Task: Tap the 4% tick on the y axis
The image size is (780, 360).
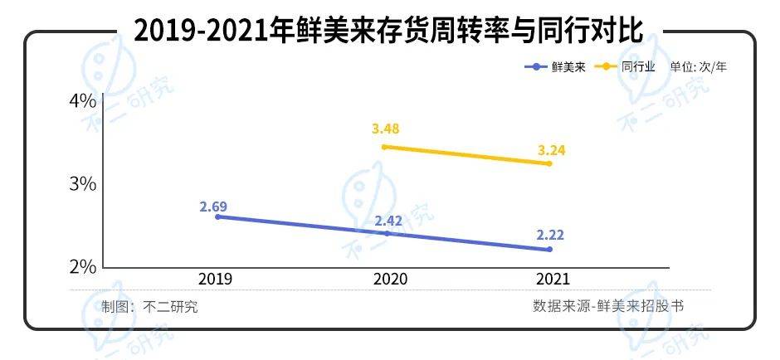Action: click(x=83, y=101)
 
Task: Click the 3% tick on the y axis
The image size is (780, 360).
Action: click(x=83, y=183)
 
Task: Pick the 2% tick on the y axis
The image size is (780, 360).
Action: click(x=83, y=267)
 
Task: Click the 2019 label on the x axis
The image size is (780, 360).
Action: click(x=216, y=280)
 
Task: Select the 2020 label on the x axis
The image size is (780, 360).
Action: click(x=390, y=280)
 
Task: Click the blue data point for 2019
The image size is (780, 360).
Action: click(x=217, y=216)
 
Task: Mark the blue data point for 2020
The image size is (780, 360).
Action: click(x=387, y=234)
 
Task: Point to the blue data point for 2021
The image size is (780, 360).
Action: click(x=549, y=250)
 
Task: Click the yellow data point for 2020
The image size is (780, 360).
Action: click(x=383, y=147)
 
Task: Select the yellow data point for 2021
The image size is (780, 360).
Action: click(x=548, y=163)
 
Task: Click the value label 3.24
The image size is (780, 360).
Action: click(x=551, y=149)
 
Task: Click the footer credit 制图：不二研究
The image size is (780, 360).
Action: click(x=149, y=306)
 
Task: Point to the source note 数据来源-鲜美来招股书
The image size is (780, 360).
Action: click(x=608, y=306)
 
